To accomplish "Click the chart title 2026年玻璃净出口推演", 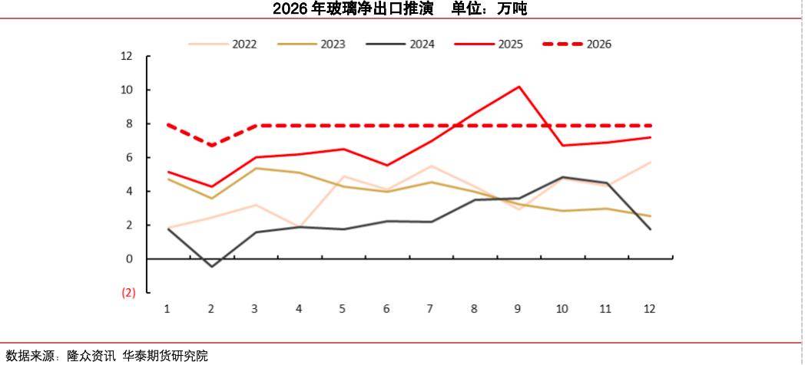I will pos(353,9).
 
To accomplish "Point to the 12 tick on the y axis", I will pos(127,56).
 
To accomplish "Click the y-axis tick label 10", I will pos(127,90).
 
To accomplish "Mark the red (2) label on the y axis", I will pos(128,292).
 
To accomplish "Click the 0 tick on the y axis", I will pos(129,258).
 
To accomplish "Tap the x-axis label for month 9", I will pos(518,308).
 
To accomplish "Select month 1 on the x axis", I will pos(167,308).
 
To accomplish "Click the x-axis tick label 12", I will pos(650,308).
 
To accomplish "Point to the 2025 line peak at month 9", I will pos(518,87).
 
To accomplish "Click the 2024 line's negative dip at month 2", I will pos(211,266).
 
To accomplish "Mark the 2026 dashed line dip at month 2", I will pos(211,145).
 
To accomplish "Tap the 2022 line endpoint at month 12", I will pos(651,162).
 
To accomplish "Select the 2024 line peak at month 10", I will pos(562,177).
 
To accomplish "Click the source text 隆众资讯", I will pos(91,356).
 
